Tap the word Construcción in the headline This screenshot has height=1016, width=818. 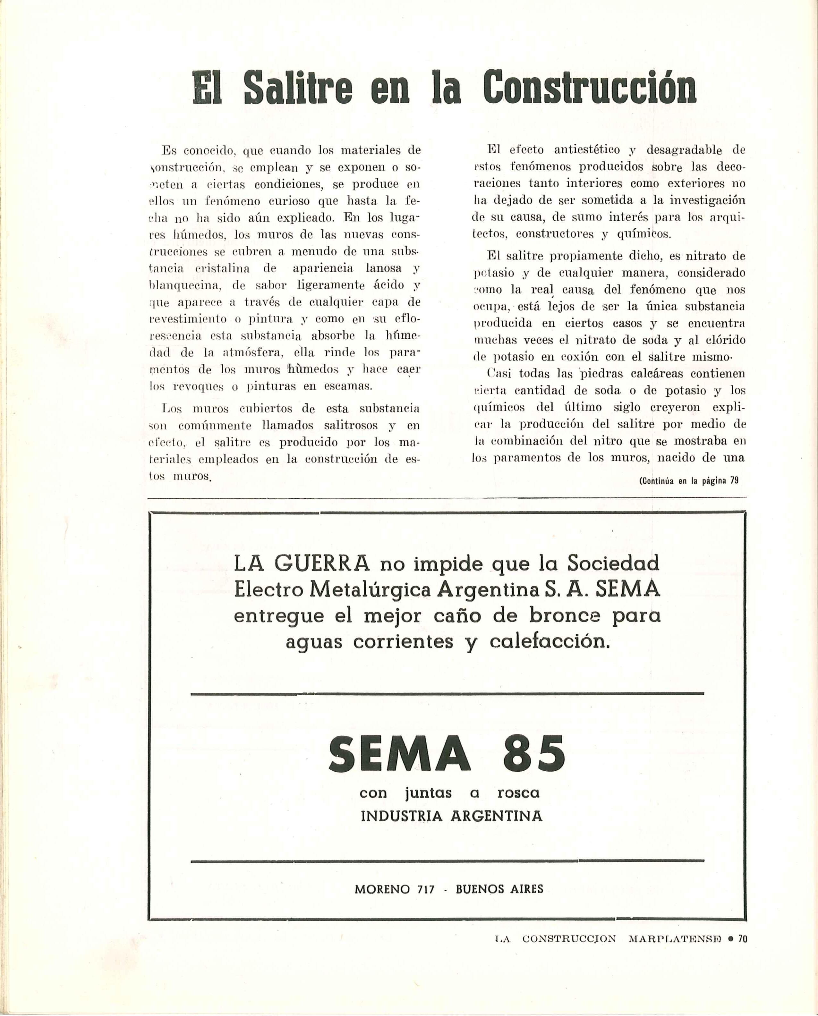coord(589,88)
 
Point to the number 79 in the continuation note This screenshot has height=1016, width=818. coord(734,481)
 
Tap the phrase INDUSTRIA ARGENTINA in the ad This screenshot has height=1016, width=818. coord(451,816)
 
